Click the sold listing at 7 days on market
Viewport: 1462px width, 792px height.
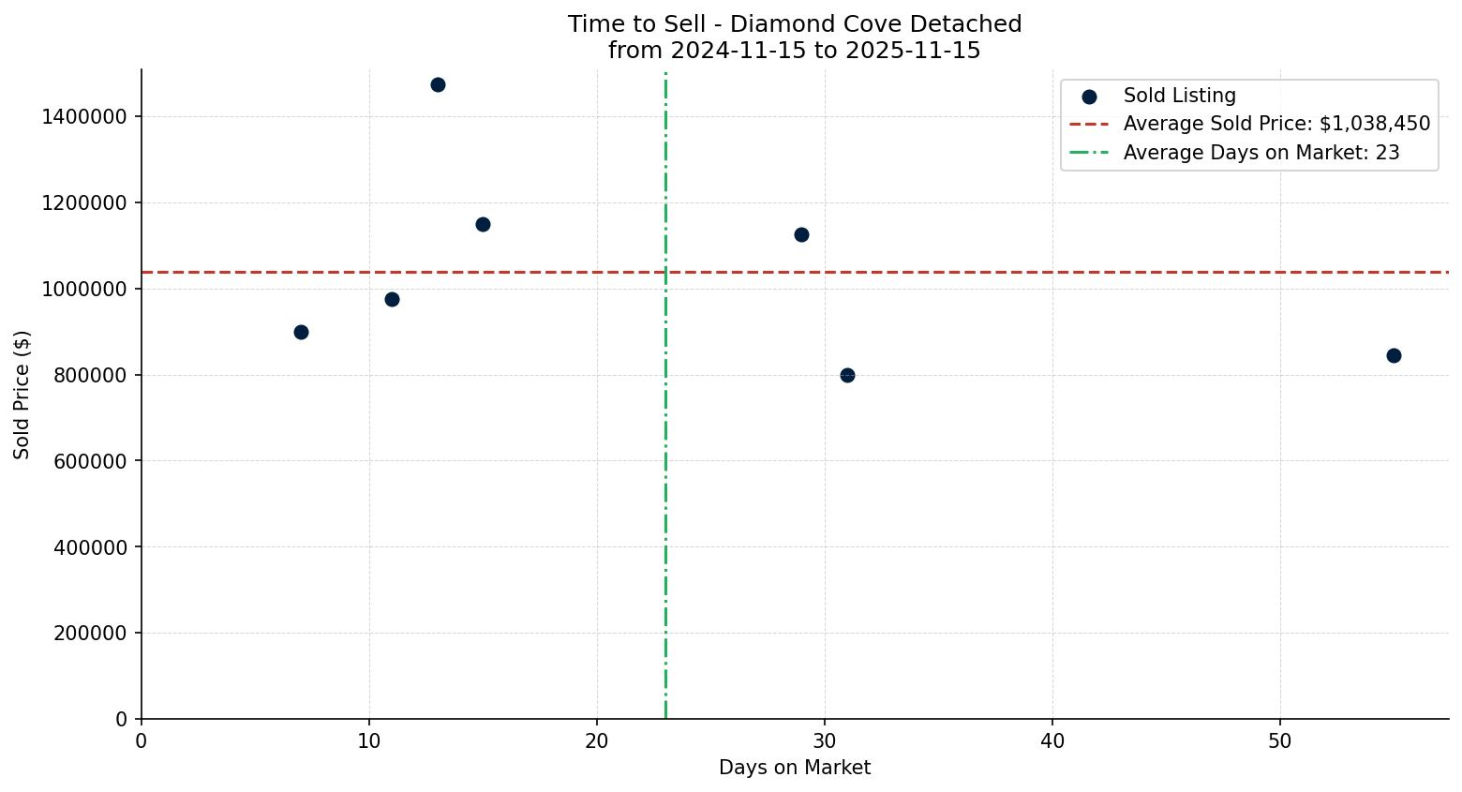(301, 332)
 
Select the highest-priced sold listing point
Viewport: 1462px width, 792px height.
(438, 84)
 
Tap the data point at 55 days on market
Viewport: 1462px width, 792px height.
(1394, 355)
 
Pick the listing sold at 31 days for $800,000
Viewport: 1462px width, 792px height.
(847, 375)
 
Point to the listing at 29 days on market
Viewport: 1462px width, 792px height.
(801, 234)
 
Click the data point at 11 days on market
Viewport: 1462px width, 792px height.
(392, 299)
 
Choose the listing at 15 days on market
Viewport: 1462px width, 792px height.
(483, 224)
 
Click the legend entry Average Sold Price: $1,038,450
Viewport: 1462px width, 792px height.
(1276, 124)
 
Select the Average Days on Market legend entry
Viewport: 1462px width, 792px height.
(1261, 153)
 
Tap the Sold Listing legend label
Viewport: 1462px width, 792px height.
(1179, 96)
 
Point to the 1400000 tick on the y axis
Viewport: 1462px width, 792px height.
(84, 117)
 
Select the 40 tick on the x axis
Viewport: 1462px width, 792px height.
(1052, 740)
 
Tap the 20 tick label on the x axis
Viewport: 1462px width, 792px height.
(597, 740)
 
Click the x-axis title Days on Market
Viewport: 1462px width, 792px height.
(795, 768)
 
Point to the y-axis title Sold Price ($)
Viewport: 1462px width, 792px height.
(22, 395)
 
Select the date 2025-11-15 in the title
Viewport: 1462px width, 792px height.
(914, 51)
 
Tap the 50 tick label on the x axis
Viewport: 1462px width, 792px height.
(1280, 740)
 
